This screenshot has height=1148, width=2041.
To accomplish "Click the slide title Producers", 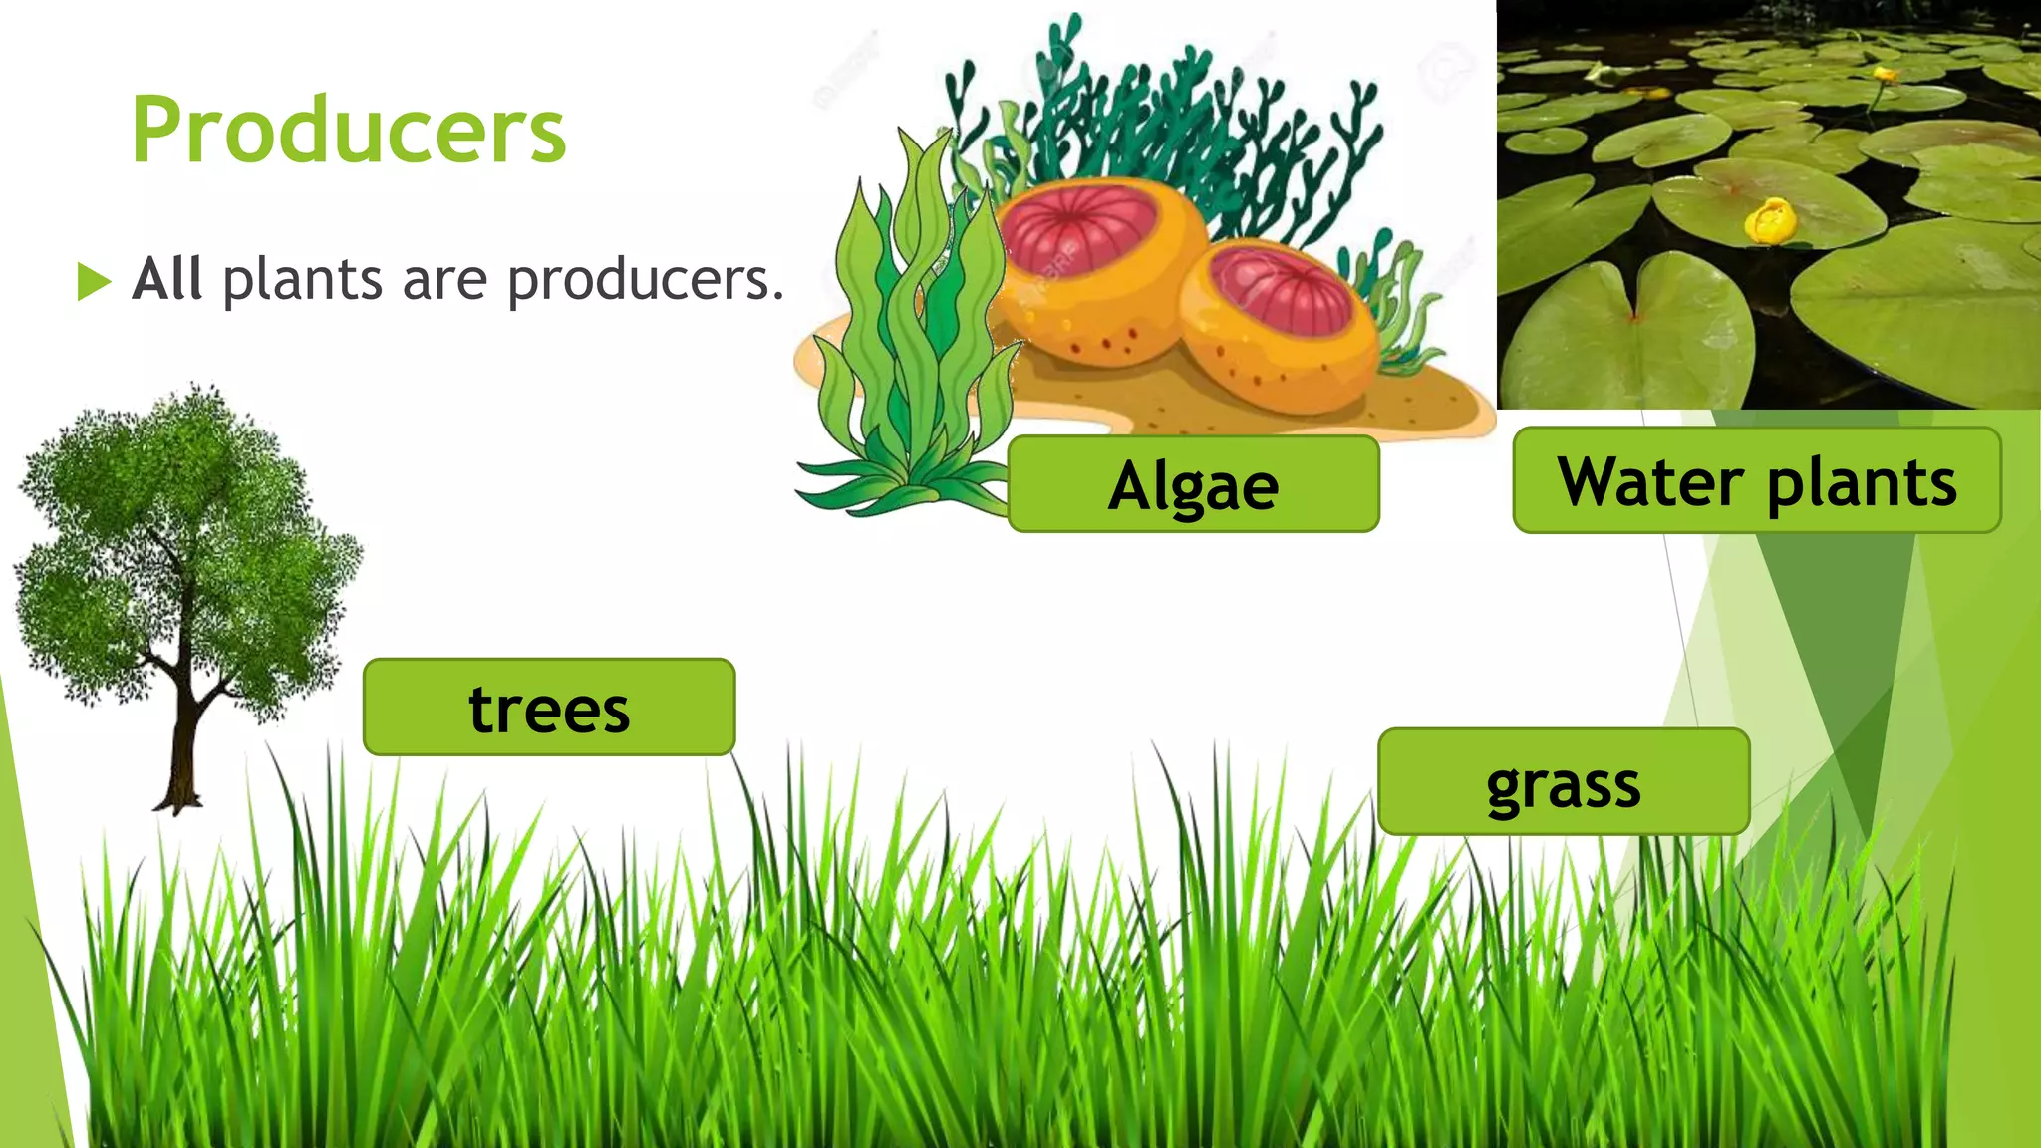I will [349, 131].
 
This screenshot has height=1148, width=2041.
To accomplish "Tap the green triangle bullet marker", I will [93, 281].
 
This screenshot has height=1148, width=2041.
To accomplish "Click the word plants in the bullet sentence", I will [302, 280].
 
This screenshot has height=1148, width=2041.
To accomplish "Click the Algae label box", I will [1193, 484].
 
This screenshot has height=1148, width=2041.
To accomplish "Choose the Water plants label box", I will [1756, 481].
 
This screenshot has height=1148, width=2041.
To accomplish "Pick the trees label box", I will [549, 708].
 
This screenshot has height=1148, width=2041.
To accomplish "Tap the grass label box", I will [1563, 782].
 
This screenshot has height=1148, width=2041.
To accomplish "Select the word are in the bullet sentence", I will [444, 280].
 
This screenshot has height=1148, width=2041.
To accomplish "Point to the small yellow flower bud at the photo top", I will [1883, 74].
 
